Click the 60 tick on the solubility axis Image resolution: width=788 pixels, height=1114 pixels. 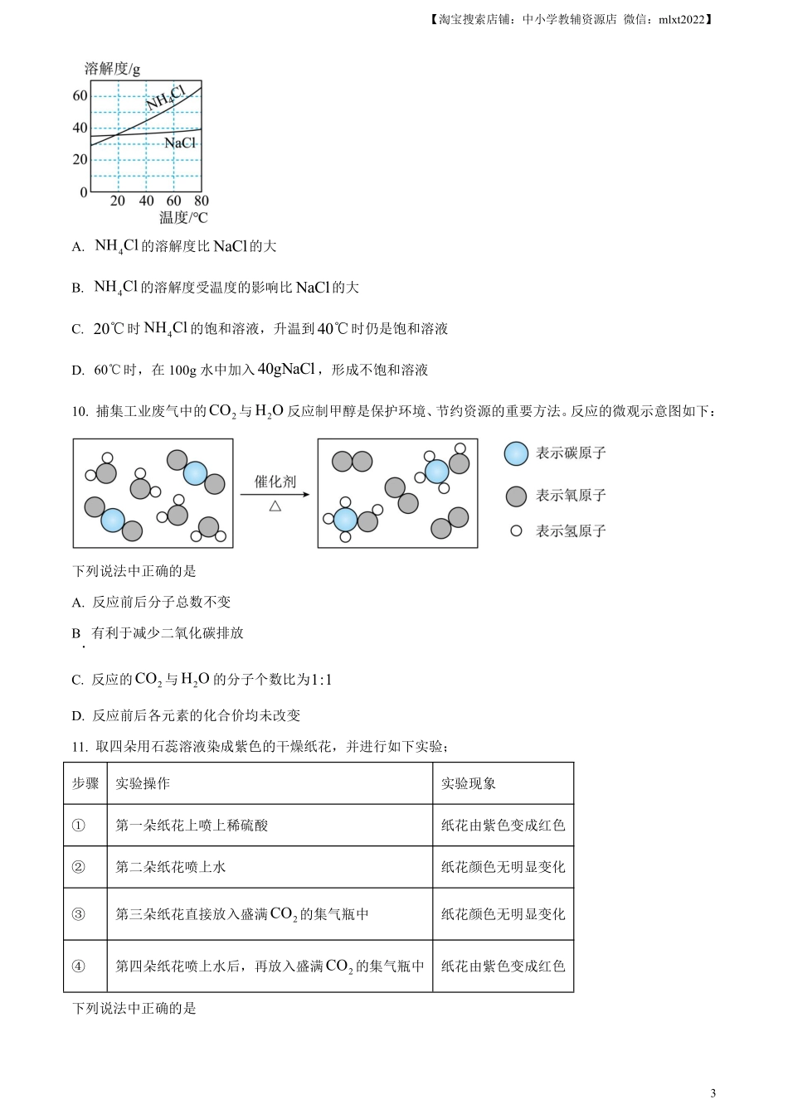coord(80,95)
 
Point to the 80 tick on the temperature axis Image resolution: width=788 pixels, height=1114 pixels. coord(202,201)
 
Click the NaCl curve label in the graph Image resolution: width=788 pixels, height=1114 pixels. coord(180,143)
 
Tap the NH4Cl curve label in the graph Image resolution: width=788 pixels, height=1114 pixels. coord(165,97)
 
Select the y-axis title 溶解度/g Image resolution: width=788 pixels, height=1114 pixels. coord(113,69)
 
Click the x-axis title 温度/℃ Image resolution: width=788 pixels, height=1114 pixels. coord(183,218)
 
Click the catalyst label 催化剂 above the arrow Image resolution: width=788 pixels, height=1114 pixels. coord(275,482)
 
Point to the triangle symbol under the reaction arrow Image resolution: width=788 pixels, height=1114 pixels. coord(275,506)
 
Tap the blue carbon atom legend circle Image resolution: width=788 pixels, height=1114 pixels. coord(516,453)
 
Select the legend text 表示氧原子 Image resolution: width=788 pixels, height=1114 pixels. coord(571,496)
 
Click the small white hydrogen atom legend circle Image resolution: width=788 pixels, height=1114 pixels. coord(516,530)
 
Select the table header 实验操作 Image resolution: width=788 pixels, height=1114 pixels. coord(143,783)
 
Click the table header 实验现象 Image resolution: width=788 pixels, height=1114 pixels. coord(469,783)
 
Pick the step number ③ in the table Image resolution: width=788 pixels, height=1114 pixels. coord(79,914)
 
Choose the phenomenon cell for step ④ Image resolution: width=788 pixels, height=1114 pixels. coord(503,966)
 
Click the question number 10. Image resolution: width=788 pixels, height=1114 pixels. coord(80,411)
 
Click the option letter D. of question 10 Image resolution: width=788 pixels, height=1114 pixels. coord(78,716)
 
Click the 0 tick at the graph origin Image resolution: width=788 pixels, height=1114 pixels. coord(83,192)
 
